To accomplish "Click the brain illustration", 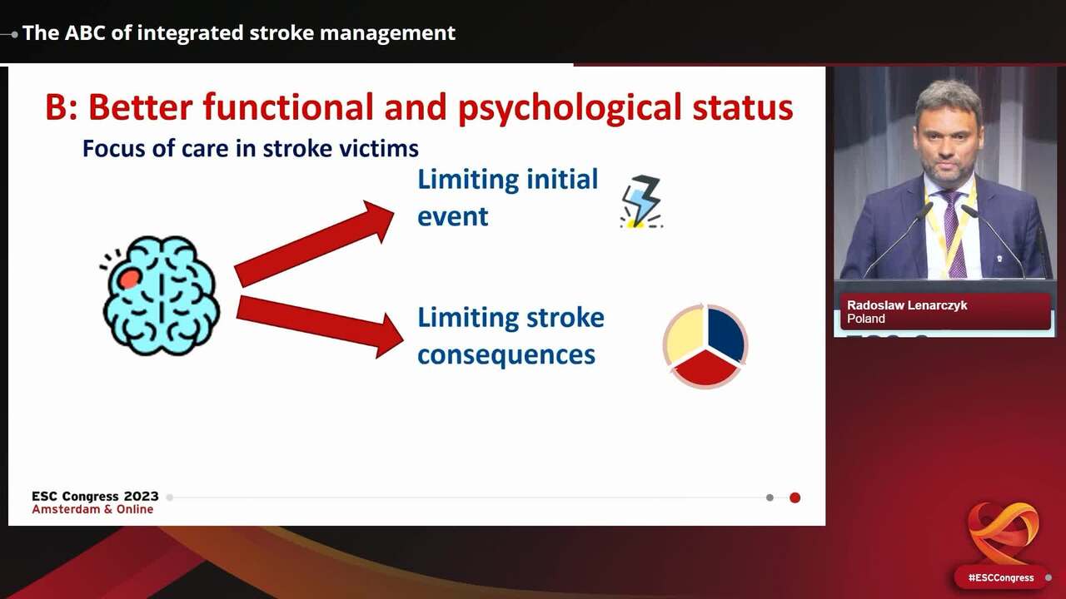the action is tap(161, 295).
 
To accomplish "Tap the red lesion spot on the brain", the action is tap(129, 279).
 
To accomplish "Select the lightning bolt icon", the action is tap(641, 201).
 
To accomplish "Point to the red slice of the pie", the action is tap(705, 369).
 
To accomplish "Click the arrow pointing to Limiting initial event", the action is tap(314, 244).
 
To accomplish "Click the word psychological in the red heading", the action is tap(570, 109).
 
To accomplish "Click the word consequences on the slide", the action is tap(506, 355).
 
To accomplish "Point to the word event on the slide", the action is tap(452, 217).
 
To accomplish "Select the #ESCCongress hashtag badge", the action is tap(1001, 577).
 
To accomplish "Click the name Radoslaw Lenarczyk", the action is tap(907, 305).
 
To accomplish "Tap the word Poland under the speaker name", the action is tap(865, 319).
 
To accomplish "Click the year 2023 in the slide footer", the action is tap(142, 497).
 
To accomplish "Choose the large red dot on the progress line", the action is tap(795, 498).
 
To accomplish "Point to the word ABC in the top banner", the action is tap(84, 33).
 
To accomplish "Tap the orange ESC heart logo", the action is tap(1004, 533).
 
